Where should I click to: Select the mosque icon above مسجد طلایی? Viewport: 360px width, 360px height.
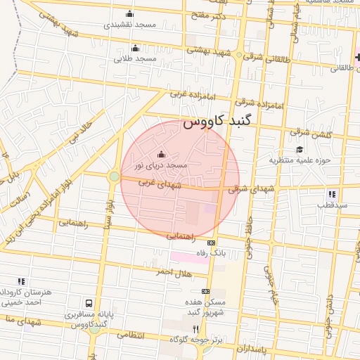click(136, 48)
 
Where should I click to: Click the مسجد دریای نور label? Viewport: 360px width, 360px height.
click(162, 165)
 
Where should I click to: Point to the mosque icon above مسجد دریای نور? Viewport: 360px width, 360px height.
click(161, 154)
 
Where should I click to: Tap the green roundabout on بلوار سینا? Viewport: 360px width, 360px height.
click(115, 176)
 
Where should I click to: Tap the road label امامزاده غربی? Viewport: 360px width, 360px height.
click(187, 94)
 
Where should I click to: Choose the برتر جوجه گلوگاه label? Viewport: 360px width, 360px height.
click(195, 340)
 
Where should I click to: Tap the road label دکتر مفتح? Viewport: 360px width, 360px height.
click(210, 15)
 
